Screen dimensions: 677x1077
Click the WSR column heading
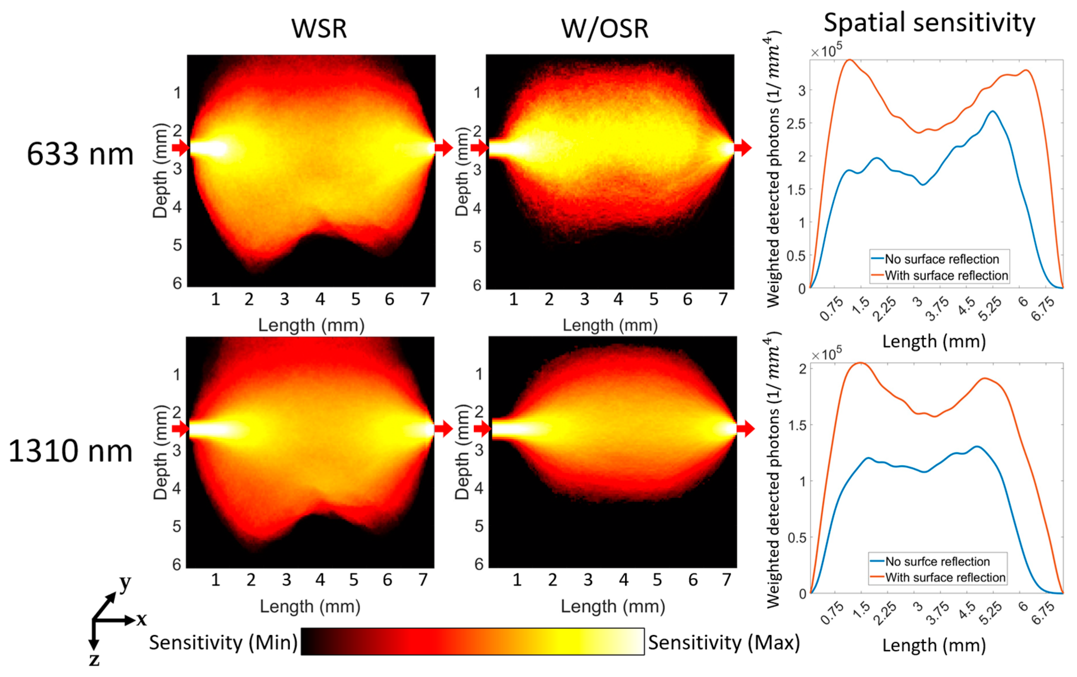pos(319,29)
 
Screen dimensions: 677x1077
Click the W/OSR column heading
pos(605,29)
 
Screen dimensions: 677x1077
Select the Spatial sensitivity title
pos(929,22)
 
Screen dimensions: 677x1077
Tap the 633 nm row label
pos(80,154)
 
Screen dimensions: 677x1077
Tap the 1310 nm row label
pos(71,451)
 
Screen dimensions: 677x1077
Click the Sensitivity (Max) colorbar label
pos(724,642)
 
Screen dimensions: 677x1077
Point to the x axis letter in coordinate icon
pos(141,619)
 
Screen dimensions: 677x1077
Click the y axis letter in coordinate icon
pos(125,583)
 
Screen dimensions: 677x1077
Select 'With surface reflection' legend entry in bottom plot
pos(945,577)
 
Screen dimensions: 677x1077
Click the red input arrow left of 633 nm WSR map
pos(180,147)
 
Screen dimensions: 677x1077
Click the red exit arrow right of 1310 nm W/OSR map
pos(746,429)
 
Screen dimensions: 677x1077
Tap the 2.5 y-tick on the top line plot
pos(796,123)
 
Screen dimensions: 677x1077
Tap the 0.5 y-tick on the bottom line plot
pos(796,537)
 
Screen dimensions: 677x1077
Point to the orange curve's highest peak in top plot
pos(849,60)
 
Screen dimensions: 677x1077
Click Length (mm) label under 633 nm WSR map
pos(311,325)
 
